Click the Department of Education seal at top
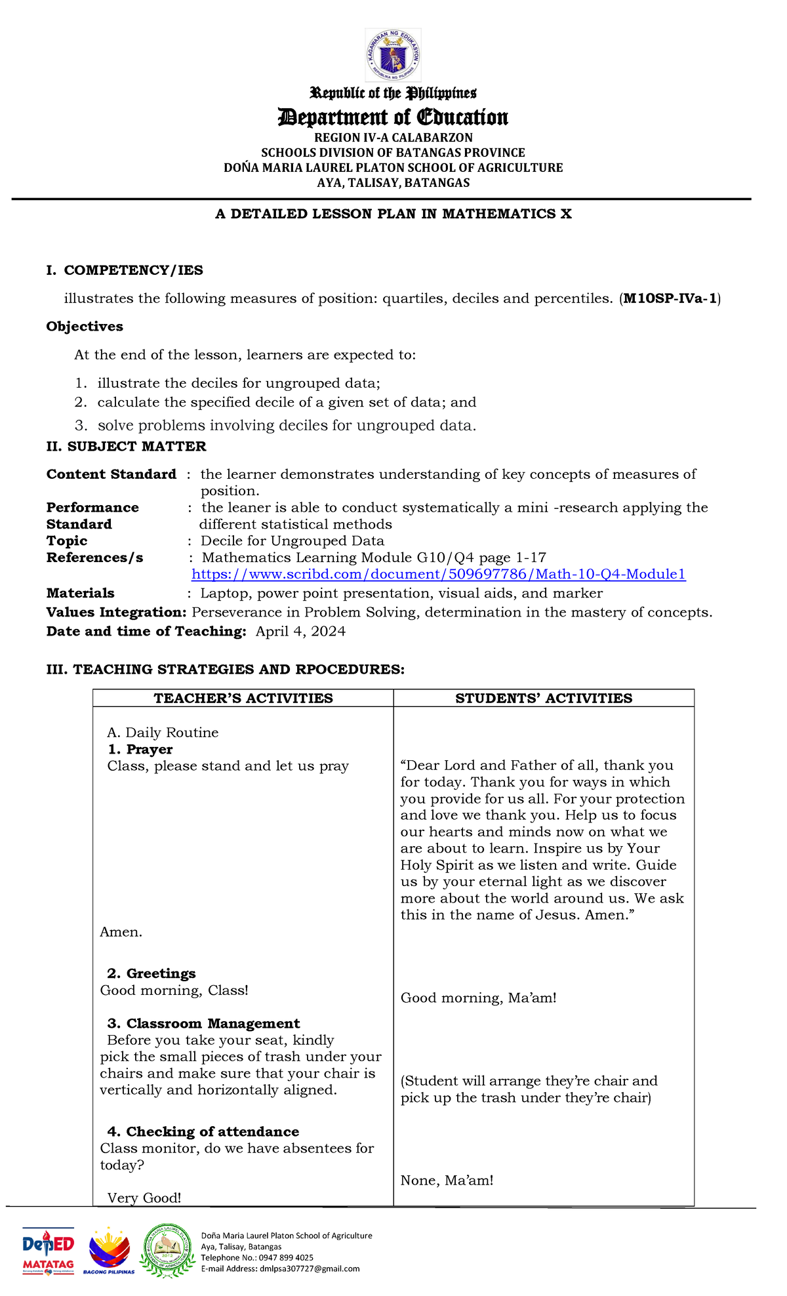[393, 56]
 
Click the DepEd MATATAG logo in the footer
[49, 1251]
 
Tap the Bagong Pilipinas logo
[109, 1251]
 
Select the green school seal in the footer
[169, 1250]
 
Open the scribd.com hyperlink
[438, 575]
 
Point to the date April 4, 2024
[300, 632]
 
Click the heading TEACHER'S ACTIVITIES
[243, 699]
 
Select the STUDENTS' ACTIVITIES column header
[544, 699]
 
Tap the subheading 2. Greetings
[151, 974]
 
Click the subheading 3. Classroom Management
[203, 1024]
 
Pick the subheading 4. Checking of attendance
[203, 1131]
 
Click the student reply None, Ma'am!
[447, 1181]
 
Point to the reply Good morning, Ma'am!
[478, 998]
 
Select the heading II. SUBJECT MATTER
[126, 447]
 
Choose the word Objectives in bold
[85, 327]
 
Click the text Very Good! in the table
[144, 1198]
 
